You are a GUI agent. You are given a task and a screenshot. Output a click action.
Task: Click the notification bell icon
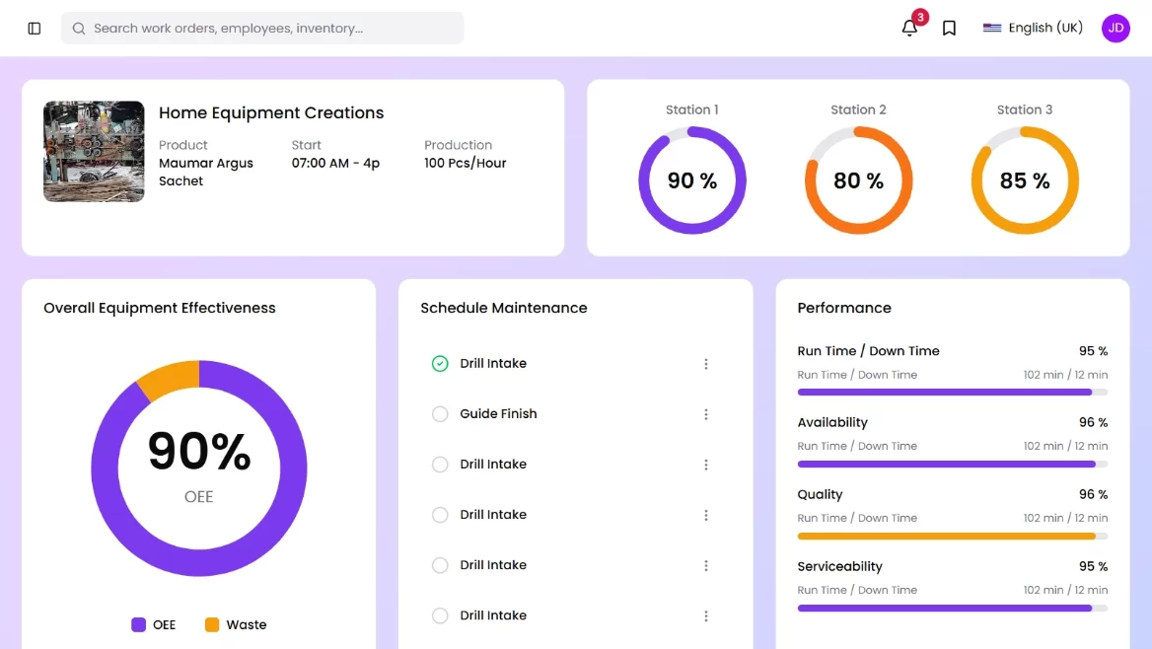(909, 29)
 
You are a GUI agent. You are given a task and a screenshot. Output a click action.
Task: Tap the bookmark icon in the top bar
(949, 29)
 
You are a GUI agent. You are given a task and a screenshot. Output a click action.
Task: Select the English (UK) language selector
(1033, 28)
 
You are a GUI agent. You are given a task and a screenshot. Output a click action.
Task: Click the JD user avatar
(1116, 28)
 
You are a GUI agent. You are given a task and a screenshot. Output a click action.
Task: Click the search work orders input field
(262, 29)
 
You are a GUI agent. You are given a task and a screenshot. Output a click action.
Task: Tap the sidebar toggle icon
(35, 29)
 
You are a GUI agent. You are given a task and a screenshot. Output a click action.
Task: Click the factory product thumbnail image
(94, 151)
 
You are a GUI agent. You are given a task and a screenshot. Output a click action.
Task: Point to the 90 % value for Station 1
(691, 180)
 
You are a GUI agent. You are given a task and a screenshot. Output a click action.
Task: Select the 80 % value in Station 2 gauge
(858, 180)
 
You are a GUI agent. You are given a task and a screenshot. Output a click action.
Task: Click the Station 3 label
(1024, 109)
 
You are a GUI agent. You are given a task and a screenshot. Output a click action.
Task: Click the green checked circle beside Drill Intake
(440, 364)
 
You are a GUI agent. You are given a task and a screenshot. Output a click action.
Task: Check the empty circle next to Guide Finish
(440, 414)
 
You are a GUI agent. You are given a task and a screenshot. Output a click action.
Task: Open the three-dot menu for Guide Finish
(705, 414)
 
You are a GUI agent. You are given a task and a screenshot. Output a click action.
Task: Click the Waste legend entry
(236, 624)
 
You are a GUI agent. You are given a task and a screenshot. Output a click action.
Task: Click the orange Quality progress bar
(946, 536)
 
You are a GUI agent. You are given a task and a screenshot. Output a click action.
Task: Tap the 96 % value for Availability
(1093, 422)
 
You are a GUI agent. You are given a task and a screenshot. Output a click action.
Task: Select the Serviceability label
(839, 566)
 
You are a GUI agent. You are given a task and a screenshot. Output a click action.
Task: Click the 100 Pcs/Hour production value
(465, 163)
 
